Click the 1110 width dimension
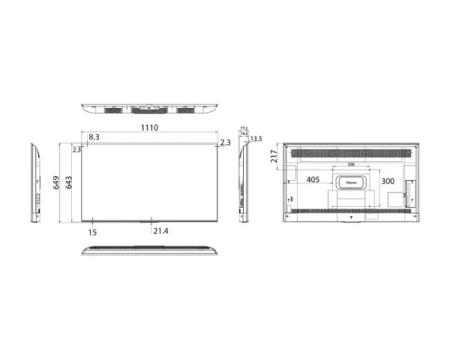click(148, 128)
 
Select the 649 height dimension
click(57, 181)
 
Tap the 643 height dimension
click(69, 181)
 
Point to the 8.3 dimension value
click(94, 137)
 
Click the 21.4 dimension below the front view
click(160, 231)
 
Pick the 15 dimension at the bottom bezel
click(92, 232)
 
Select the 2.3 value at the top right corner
click(226, 142)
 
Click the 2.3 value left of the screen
click(76, 150)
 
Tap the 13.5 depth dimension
click(256, 139)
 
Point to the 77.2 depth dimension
click(243, 128)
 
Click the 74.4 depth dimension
click(244, 133)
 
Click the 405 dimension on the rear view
click(313, 181)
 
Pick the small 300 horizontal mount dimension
click(350, 164)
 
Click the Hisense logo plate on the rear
click(350, 181)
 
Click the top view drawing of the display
click(148, 109)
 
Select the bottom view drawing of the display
click(148, 249)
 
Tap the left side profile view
click(34, 181)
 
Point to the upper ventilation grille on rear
click(350, 153)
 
